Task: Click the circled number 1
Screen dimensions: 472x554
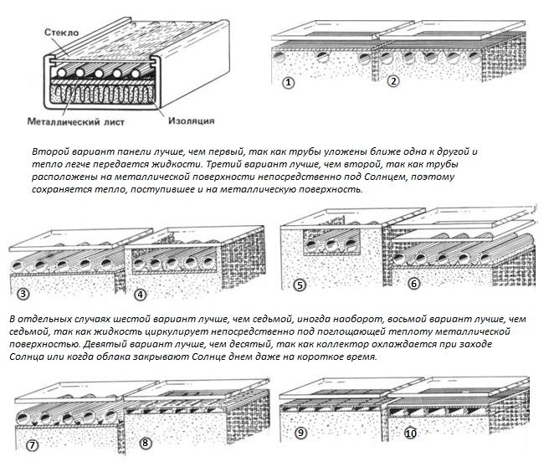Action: pyautogui.click(x=289, y=82)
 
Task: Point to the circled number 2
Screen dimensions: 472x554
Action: pyautogui.click(x=394, y=81)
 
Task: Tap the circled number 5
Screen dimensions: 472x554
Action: pyautogui.click(x=300, y=285)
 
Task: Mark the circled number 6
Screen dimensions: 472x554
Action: pyautogui.click(x=413, y=285)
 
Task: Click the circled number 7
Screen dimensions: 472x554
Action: pyautogui.click(x=33, y=444)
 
